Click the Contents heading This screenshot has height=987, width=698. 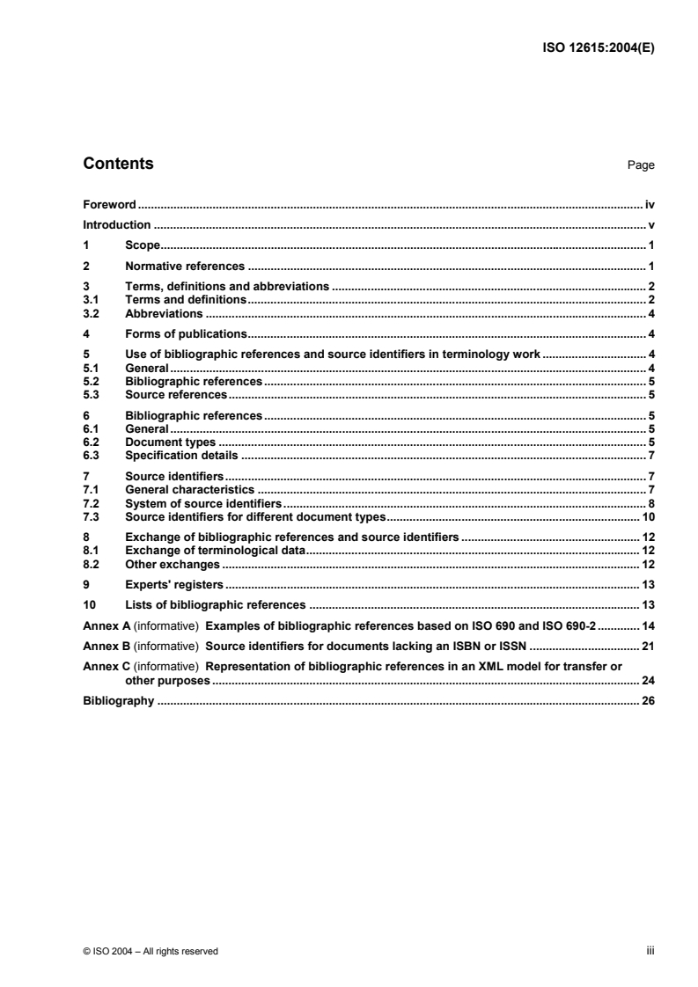[118, 164]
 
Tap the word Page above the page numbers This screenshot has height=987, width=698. [641, 165]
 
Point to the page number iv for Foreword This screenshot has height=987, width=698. [650, 204]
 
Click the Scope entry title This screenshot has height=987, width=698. [141, 245]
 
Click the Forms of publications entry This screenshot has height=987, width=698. [185, 333]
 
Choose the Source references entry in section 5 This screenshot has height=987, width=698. [176, 395]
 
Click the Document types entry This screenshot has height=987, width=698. [171, 442]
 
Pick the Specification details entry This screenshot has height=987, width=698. [182, 456]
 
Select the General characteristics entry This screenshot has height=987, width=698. [190, 489]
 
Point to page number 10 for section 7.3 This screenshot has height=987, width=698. [647, 516]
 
